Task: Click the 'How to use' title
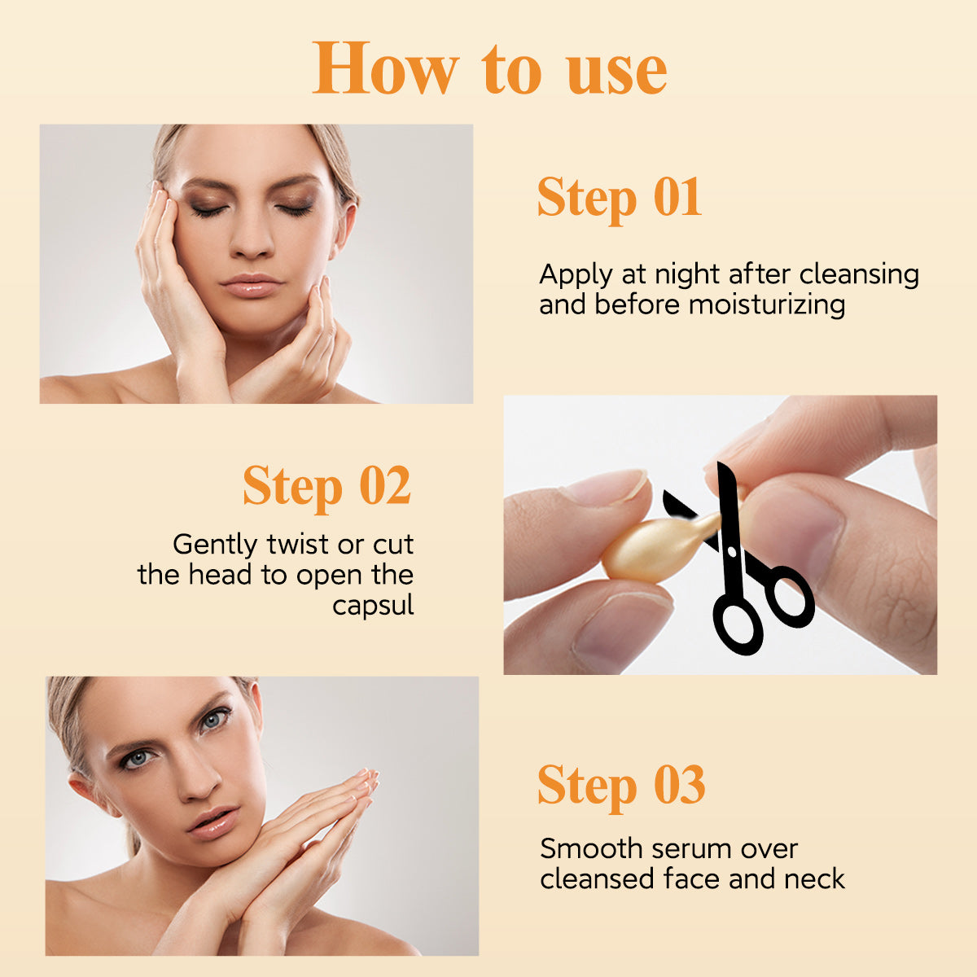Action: click(x=489, y=68)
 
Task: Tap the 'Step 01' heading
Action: click(x=619, y=198)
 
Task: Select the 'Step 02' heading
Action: click(x=326, y=486)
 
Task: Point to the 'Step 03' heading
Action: click(x=620, y=786)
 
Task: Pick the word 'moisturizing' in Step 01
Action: click(x=767, y=305)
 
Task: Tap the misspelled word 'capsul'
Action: click(x=373, y=606)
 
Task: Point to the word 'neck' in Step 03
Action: click(x=814, y=879)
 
